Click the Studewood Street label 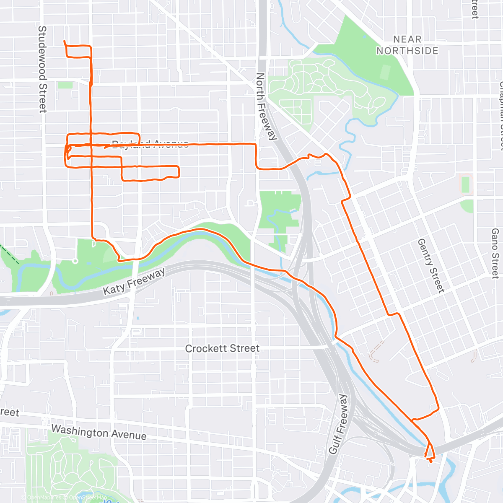42,69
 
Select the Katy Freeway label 134,281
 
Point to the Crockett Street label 222,348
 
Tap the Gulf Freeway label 338,424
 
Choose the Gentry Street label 430,265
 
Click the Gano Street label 495,253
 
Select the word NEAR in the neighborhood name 407,39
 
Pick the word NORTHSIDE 407,51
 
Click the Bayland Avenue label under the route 150,145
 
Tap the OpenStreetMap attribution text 88,498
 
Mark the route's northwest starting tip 64,41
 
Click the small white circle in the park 75,261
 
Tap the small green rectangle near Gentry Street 465,185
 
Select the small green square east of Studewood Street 65,85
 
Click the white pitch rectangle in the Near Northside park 384,73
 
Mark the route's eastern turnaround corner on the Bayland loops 179,172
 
